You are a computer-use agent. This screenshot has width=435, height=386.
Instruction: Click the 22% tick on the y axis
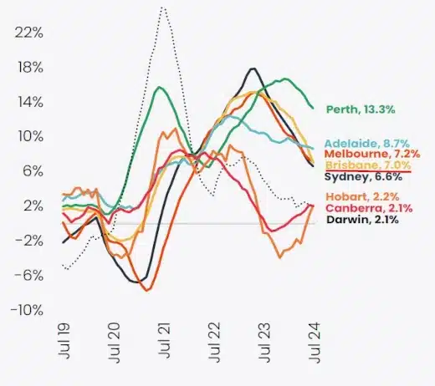[28, 33]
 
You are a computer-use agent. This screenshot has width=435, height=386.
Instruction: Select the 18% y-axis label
[28, 67]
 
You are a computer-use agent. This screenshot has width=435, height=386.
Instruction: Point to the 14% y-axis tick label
[28, 102]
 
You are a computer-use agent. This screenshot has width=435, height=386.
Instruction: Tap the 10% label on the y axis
[28, 136]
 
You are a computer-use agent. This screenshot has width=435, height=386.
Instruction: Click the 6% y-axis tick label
[30, 171]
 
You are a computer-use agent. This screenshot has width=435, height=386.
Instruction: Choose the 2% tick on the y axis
[30, 206]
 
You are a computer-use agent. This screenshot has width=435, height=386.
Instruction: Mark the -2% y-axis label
[27, 241]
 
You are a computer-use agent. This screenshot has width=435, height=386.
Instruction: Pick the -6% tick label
[27, 275]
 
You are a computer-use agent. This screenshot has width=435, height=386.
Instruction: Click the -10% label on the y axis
[25, 310]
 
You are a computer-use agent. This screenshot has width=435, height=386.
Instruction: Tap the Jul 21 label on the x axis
[166, 343]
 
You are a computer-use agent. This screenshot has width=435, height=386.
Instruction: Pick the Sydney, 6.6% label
[363, 177]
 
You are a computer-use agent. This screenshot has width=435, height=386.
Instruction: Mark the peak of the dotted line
[162, 7]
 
